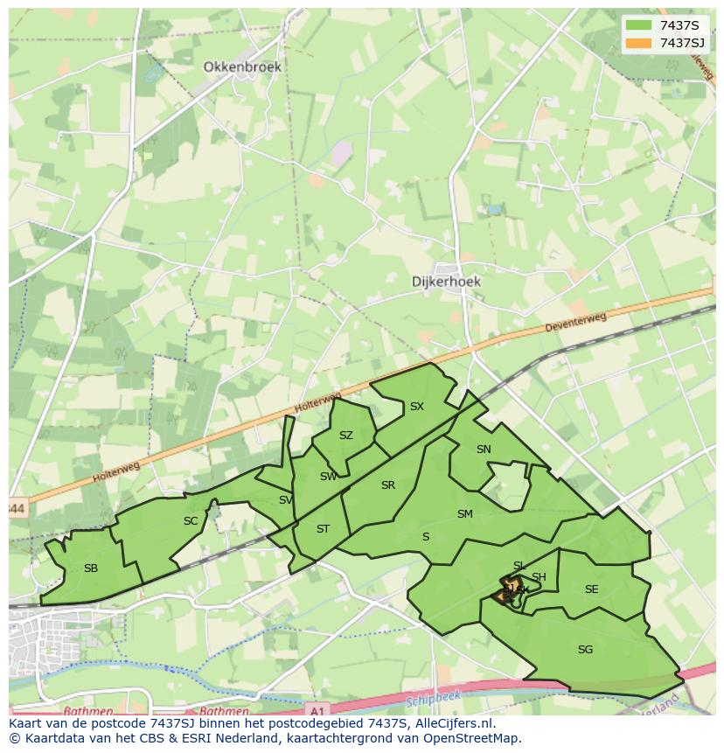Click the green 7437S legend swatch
pos(638,25)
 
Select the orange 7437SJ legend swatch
pos(638,43)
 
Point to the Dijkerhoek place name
pos(446,282)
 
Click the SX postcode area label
pos(417,407)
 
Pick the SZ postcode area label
pos(346,436)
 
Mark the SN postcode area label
pos(484,450)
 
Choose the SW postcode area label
pos(328,477)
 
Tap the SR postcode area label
pos(388,485)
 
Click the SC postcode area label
pos(191,521)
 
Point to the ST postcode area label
pos(323,529)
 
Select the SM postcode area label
pos(464,514)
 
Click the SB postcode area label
pos(91,568)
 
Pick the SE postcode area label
pos(591,589)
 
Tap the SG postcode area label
pos(585,650)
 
